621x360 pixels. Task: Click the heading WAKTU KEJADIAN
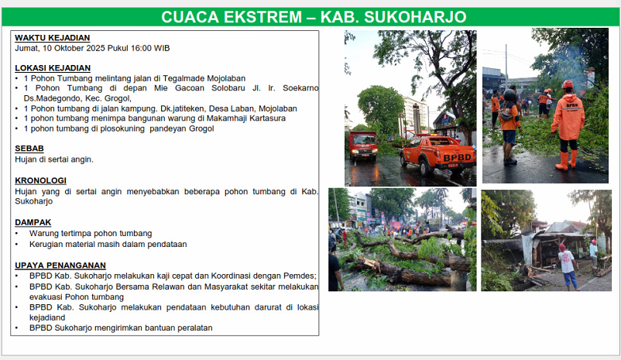(53, 38)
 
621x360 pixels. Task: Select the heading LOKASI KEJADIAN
(53, 68)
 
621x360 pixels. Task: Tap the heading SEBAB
(29, 149)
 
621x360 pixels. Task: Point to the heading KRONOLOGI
(40, 180)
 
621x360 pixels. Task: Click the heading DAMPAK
(33, 222)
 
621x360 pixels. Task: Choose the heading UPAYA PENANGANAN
(60, 266)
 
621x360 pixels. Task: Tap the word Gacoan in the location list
(190, 88)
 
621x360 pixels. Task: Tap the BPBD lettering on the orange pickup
(457, 158)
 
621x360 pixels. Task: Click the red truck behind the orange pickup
(363, 146)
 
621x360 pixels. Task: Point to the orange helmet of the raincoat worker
(568, 84)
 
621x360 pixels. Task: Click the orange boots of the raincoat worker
(566, 160)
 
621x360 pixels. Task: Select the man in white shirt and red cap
(568, 266)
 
